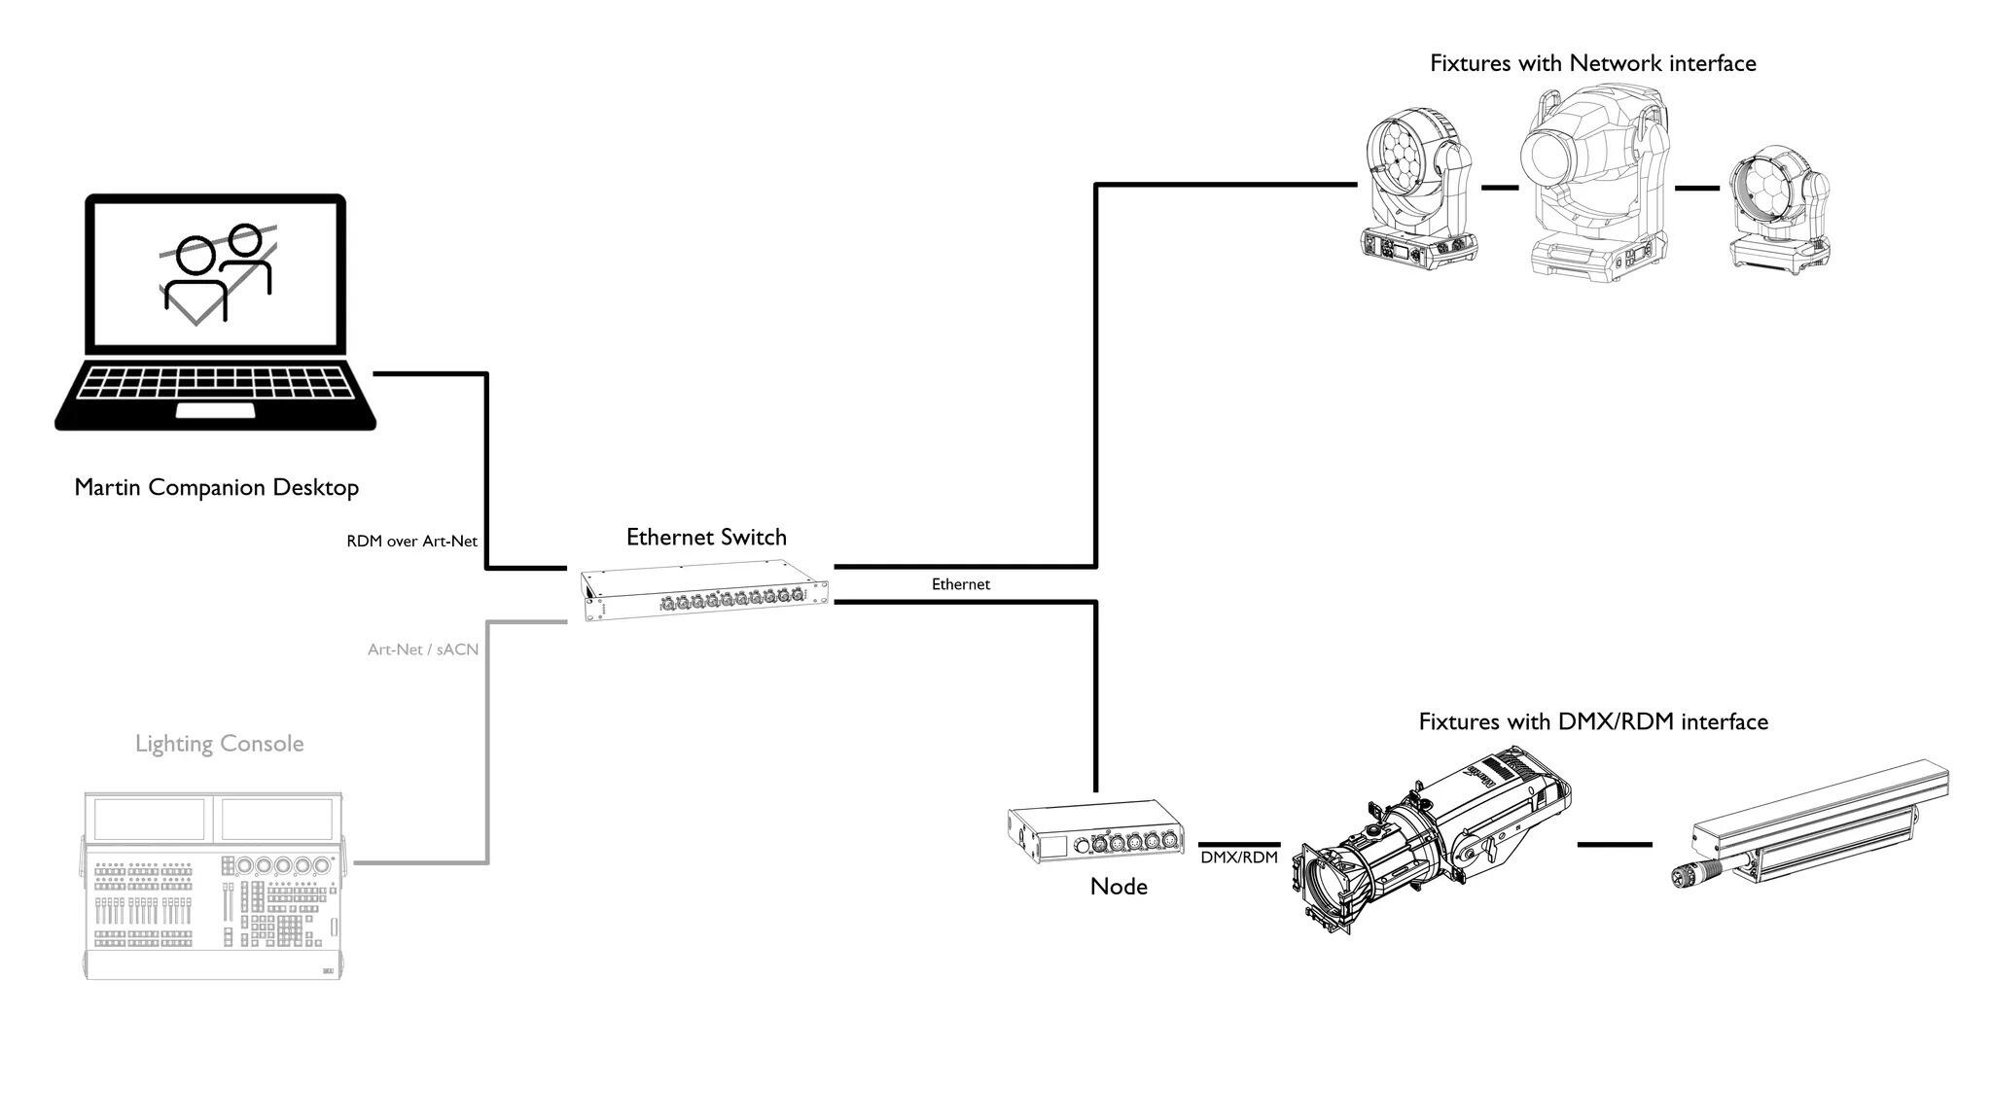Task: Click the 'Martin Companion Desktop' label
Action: point(216,487)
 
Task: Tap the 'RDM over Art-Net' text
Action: point(411,541)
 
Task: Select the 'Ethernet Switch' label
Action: point(706,537)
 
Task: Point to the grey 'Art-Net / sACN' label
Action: point(423,648)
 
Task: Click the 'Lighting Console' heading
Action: point(220,744)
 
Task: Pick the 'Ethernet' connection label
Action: point(961,583)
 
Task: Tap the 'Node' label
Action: point(1119,887)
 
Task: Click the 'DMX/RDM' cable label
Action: point(1239,857)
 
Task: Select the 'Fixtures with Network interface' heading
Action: point(1593,63)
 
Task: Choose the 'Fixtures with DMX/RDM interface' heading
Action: point(1593,721)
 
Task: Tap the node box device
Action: point(1096,831)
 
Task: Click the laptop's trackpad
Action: point(215,409)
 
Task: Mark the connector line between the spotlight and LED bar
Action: point(1615,845)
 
